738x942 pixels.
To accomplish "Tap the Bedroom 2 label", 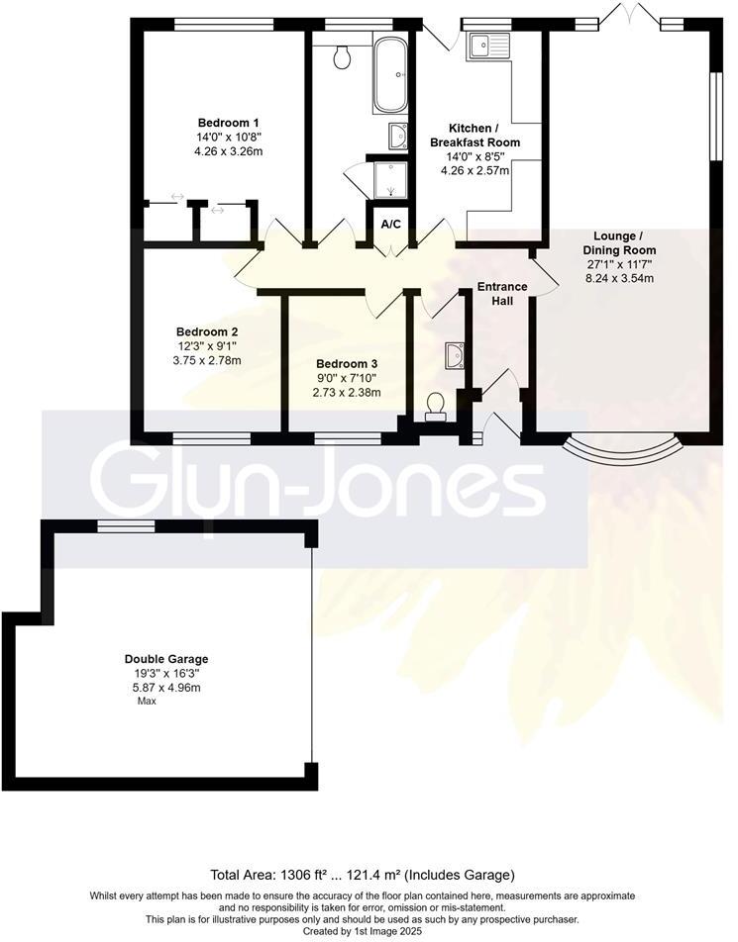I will click(207, 331).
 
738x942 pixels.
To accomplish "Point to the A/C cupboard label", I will click(390, 225).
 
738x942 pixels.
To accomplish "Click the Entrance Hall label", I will click(502, 294).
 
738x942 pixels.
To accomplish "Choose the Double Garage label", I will click(166, 659).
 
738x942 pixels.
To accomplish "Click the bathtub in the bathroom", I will click(389, 75).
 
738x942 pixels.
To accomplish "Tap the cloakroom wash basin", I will click(455, 354).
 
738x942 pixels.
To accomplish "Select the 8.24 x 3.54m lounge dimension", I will click(619, 278).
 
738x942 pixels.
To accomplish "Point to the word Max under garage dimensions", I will click(147, 701).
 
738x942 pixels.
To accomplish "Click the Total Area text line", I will click(363, 875).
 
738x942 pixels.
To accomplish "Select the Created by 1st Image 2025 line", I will click(363, 930).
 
